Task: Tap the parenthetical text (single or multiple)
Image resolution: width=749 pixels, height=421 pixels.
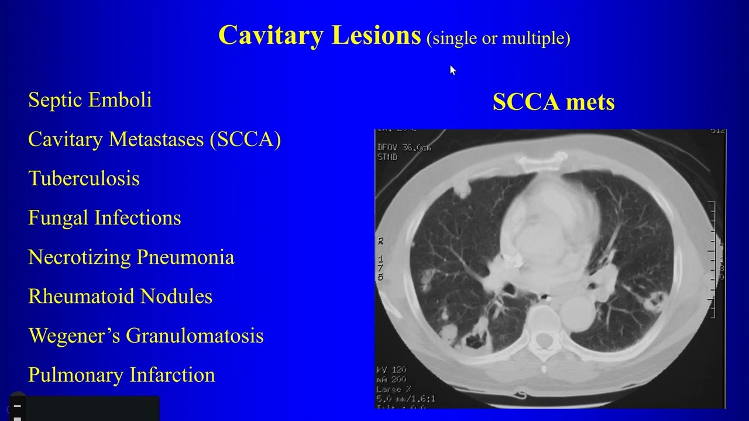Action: pyautogui.click(x=499, y=39)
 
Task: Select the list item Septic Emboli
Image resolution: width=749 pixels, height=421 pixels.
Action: pyautogui.click(x=90, y=100)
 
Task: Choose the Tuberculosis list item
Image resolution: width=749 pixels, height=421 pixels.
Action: pyautogui.click(x=84, y=178)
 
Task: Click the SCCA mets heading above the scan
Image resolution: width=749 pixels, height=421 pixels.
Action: pyautogui.click(x=554, y=102)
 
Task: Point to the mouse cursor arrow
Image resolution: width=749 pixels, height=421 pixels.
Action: pyautogui.click(x=452, y=70)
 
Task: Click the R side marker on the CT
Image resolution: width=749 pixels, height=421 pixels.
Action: pyautogui.click(x=381, y=241)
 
